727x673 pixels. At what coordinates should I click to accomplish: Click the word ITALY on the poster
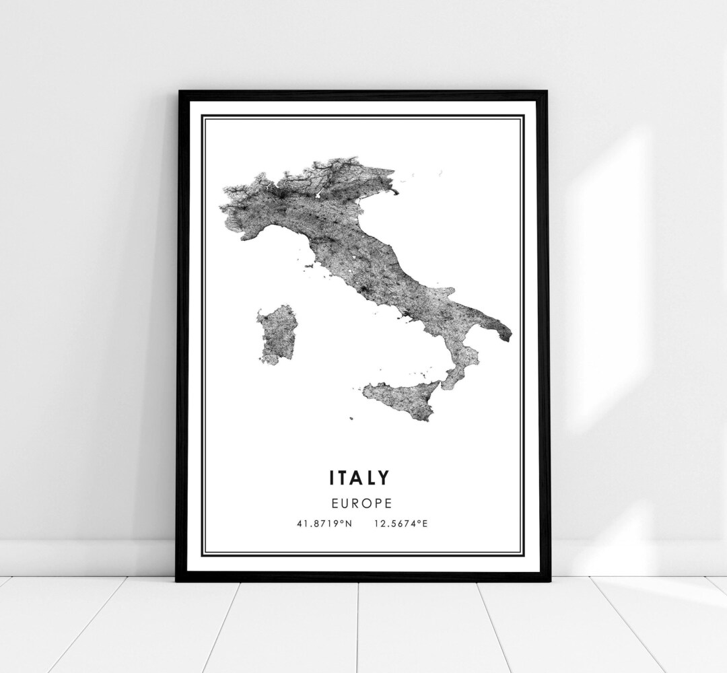[x=359, y=478]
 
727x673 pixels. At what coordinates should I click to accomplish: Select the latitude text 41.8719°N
[x=322, y=522]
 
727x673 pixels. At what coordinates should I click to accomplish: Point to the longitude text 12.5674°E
[x=399, y=522]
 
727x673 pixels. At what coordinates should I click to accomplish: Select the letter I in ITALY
[x=331, y=478]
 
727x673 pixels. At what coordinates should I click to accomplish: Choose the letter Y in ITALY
[x=384, y=478]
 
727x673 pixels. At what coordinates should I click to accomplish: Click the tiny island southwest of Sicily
[x=351, y=418]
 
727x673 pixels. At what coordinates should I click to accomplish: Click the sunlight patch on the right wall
[x=606, y=269]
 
